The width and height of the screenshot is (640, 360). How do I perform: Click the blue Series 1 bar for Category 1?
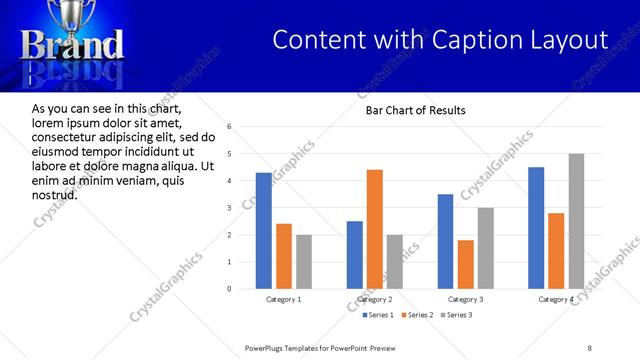264,231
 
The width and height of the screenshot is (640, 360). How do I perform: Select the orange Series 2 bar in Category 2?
375,229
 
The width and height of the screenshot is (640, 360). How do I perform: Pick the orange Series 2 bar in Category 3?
465,264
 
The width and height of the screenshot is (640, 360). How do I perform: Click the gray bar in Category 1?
303,262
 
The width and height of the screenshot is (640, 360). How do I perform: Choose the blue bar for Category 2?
355,255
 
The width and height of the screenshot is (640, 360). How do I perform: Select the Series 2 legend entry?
417,315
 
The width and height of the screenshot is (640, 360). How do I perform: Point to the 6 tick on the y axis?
230,127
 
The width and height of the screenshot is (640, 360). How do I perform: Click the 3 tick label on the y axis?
230,208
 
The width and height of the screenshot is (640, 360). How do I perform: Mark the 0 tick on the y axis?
230,289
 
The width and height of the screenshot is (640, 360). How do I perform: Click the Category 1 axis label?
284,299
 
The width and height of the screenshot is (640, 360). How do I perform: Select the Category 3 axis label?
466,299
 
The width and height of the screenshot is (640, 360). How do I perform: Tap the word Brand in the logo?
73,45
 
